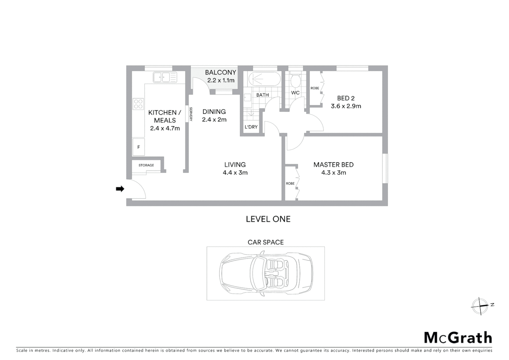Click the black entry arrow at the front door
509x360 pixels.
120,189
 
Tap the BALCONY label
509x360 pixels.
221,72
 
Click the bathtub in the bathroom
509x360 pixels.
264,79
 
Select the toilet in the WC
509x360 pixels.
295,80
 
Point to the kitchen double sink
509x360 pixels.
165,77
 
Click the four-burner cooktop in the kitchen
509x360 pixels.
138,104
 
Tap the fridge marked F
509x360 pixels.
139,147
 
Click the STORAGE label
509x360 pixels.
146,165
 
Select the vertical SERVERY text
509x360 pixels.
191,114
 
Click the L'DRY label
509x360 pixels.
251,127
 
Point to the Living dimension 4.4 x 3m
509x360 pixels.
235,173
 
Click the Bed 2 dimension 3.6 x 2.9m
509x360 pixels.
346,106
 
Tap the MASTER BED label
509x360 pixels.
333,165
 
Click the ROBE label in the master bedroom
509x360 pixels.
290,184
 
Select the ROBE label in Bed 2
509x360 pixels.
315,88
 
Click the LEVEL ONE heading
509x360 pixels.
268,219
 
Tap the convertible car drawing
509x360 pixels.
266,273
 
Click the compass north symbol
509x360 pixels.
480,306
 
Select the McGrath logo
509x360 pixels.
458,338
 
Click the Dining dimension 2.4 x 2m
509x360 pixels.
214,120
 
